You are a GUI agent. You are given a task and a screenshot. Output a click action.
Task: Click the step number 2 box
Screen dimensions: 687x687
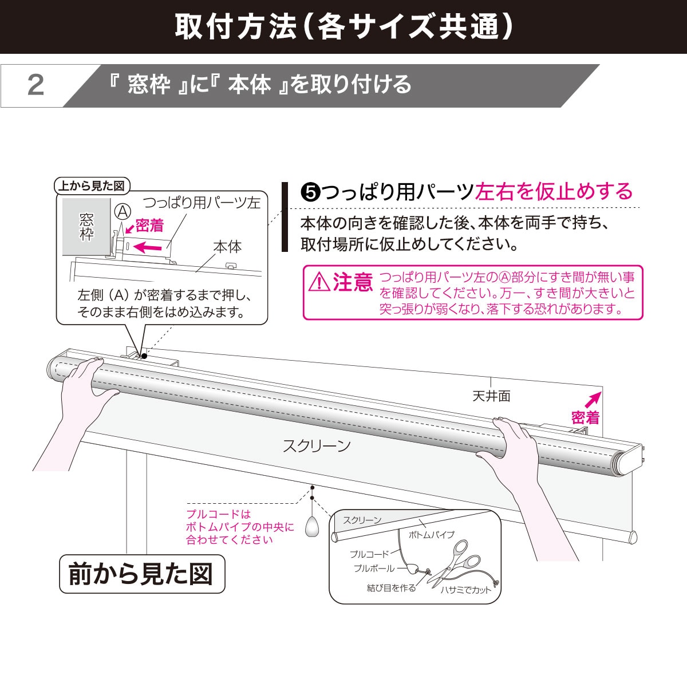click(x=35, y=86)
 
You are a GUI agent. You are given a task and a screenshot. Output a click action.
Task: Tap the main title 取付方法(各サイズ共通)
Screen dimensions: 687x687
click(x=343, y=26)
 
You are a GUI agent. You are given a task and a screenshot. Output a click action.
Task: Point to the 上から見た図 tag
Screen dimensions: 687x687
click(x=92, y=186)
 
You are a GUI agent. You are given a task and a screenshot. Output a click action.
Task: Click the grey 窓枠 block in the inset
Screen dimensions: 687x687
click(x=86, y=227)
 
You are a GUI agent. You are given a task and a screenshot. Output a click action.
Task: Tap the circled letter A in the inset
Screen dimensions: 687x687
click(x=122, y=210)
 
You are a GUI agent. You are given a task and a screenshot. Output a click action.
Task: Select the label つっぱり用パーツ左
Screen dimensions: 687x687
click(x=201, y=203)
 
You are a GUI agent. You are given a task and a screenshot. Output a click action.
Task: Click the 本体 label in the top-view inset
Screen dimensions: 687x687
click(x=227, y=247)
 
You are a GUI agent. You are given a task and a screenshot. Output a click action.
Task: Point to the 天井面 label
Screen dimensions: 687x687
click(x=491, y=396)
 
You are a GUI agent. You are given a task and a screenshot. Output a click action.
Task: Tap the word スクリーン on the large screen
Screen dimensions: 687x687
click(x=317, y=446)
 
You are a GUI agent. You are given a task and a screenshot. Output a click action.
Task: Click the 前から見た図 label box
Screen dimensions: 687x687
click(x=141, y=573)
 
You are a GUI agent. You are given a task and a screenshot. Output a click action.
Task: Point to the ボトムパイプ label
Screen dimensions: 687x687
click(x=431, y=535)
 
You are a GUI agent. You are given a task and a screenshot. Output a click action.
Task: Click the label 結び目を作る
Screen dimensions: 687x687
click(x=392, y=588)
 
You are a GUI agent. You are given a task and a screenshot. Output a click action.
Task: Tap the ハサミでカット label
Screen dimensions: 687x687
click(x=465, y=590)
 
